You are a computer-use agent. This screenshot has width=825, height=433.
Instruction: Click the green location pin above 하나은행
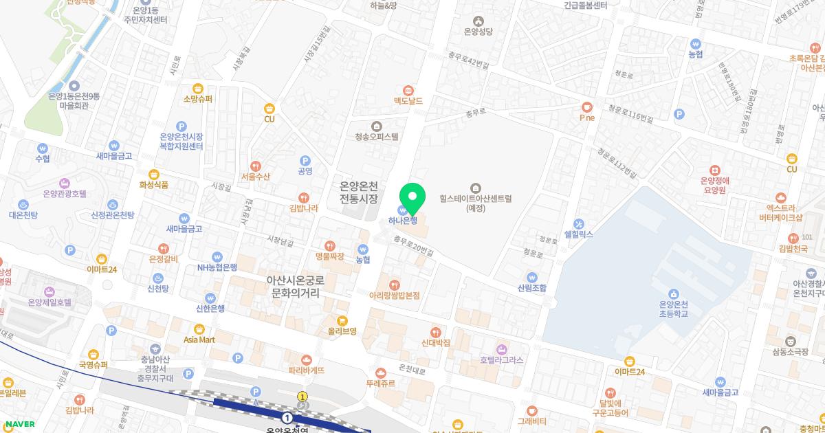click(412, 197)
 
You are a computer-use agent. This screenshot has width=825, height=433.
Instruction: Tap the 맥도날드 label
click(408, 101)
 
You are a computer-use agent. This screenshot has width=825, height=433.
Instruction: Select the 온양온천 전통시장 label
click(360, 192)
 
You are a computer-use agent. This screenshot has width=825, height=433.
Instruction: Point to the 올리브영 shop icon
click(342, 320)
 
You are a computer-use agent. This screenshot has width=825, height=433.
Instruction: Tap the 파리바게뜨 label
click(307, 370)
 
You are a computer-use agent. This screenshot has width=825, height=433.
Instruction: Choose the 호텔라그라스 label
click(501, 359)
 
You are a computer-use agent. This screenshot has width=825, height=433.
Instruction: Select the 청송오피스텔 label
click(377, 136)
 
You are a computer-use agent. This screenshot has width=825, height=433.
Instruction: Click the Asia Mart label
click(199, 340)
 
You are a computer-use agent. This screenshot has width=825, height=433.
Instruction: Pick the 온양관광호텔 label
click(65, 194)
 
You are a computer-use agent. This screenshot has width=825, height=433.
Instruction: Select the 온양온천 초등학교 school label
click(674, 309)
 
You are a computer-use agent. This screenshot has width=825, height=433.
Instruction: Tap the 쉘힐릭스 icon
click(578, 223)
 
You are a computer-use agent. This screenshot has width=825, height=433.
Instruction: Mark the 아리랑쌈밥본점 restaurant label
click(394, 296)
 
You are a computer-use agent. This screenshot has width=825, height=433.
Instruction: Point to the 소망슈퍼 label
click(198, 99)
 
